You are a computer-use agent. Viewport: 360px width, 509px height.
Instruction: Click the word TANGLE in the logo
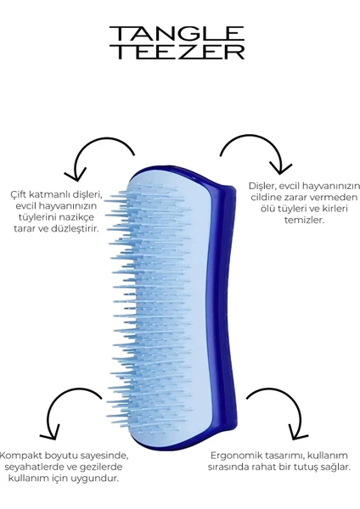(x=177, y=34)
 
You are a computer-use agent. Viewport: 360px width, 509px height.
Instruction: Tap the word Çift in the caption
(x=18, y=194)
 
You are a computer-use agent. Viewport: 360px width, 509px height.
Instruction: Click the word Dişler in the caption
(x=262, y=186)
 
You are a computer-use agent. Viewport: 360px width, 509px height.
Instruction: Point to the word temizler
(x=304, y=220)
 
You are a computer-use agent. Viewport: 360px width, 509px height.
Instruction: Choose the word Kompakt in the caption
(x=20, y=456)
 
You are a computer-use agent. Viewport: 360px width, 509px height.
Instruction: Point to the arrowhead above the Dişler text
(x=281, y=169)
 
